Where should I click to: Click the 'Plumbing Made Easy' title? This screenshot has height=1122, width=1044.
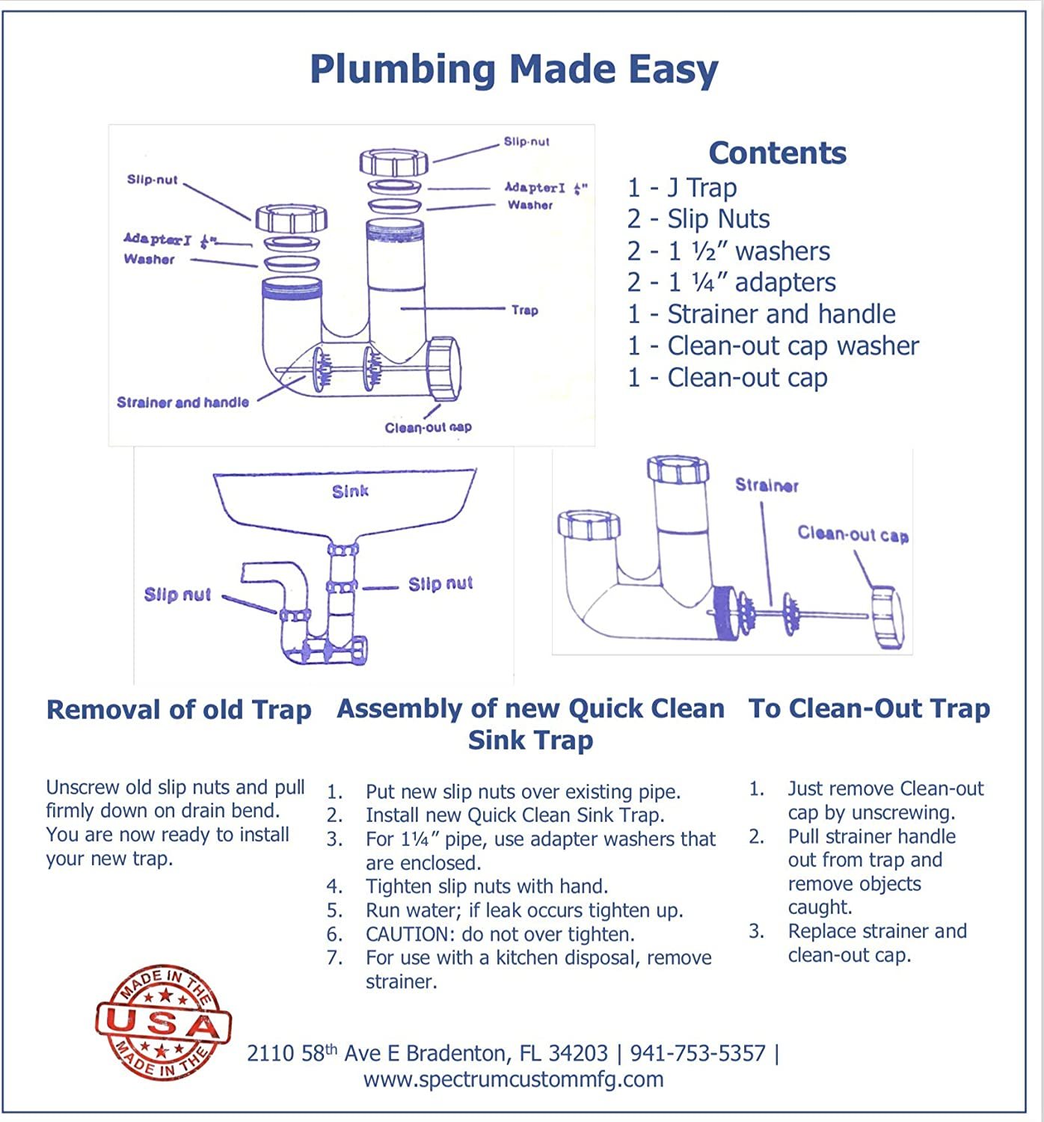pyautogui.click(x=514, y=70)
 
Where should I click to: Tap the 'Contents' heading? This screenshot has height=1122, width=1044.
pyautogui.click(x=777, y=153)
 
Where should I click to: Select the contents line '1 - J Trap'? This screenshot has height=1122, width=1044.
pyautogui.click(x=682, y=188)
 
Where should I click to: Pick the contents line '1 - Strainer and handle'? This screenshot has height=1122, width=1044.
pyautogui.click(x=761, y=314)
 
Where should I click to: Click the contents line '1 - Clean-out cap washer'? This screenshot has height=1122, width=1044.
pyautogui.click(x=773, y=346)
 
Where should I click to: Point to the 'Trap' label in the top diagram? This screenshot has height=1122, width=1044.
pyautogui.click(x=524, y=310)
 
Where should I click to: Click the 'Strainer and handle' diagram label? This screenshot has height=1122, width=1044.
pyautogui.click(x=182, y=402)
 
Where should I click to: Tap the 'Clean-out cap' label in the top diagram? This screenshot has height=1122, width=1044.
pyautogui.click(x=428, y=427)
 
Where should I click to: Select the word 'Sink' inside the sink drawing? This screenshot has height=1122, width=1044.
pyautogui.click(x=350, y=491)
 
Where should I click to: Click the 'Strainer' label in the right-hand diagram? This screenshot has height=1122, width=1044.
pyautogui.click(x=767, y=485)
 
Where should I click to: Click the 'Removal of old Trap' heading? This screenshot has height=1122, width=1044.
pyautogui.click(x=179, y=709)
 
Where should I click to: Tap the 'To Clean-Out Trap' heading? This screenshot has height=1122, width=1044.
pyautogui.click(x=869, y=708)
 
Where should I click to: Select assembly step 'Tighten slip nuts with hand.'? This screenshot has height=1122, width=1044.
pyautogui.click(x=486, y=886)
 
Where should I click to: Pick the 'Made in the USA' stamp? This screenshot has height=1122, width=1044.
pyautogui.click(x=163, y=1023)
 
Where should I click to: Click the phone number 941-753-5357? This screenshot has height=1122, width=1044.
pyautogui.click(x=698, y=1053)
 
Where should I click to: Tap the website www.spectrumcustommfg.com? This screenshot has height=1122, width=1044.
pyautogui.click(x=514, y=1079)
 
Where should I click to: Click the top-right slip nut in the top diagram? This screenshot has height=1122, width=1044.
pyautogui.click(x=394, y=161)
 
